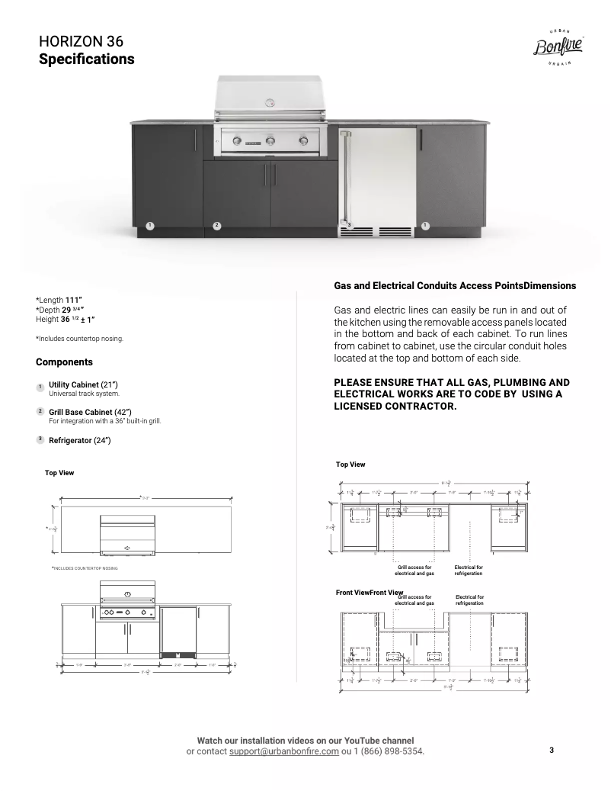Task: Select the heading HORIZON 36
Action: [81, 42]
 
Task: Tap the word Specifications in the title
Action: [86, 59]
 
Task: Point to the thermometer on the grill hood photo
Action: [268, 102]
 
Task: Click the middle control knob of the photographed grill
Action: [268, 140]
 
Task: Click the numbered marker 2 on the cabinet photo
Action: [217, 225]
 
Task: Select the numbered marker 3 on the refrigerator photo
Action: [348, 224]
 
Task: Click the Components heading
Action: [64, 362]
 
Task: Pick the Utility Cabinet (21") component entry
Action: [83, 385]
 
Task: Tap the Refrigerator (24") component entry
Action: [80, 440]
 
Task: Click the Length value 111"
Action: [74, 300]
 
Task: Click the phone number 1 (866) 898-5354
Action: [386, 751]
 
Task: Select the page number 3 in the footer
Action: [552, 751]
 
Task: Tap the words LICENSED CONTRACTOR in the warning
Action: [395, 406]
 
